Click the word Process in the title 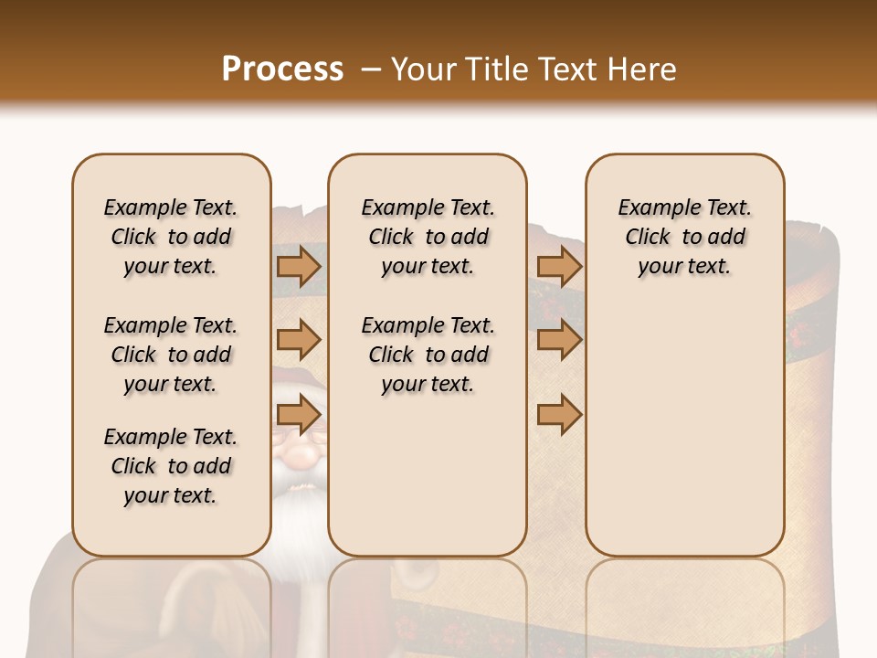[x=282, y=69]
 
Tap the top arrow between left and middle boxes [x=298, y=266]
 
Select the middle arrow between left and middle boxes [x=298, y=340]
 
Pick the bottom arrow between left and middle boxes [x=298, y=416]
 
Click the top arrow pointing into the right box [x=559, y=266]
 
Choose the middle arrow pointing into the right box [x=559, y=340]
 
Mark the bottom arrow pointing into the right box [x=559, y=416]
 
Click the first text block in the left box [x=171, y=237]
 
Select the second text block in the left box [x=171, y=355]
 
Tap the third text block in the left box [x=171, y=466]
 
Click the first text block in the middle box [x=428, y=237]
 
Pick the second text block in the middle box [x=428, y=355]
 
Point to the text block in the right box [x=684, y=237]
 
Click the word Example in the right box [x=652, y=207]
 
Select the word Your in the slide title [x=426, y=69]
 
